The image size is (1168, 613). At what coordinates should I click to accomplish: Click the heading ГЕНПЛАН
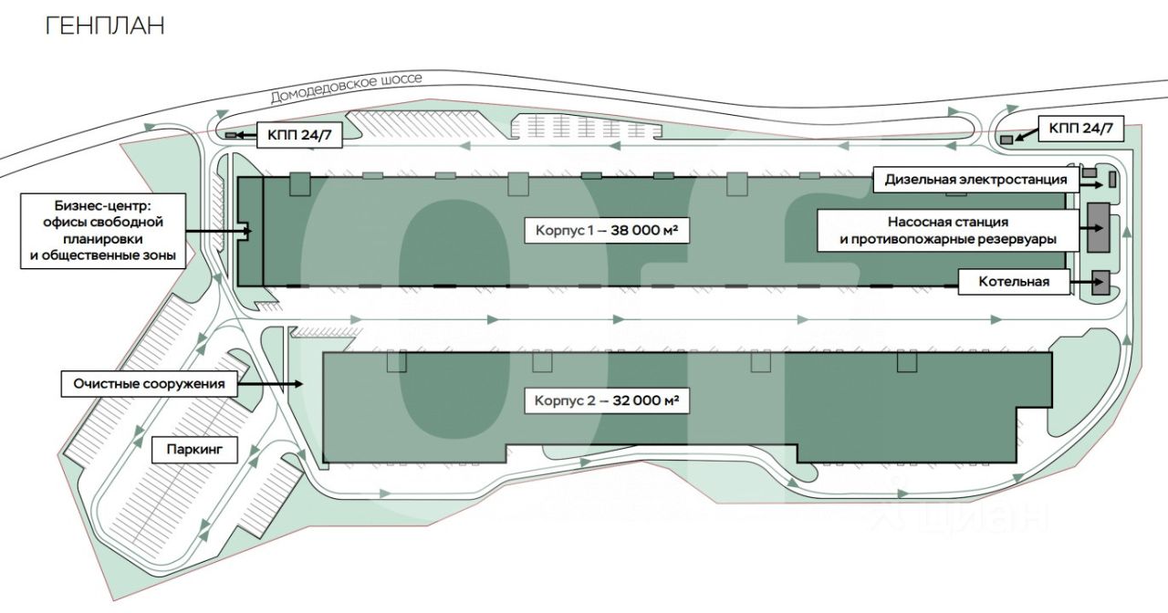click(105, 26)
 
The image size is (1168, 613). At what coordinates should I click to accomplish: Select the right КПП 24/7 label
click(1081, 129)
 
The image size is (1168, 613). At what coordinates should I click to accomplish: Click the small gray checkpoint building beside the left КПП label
click(231, 135)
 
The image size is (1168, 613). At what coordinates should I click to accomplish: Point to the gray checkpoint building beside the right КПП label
click(1007, 140)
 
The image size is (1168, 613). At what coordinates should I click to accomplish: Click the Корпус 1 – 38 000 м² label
click(606, 232)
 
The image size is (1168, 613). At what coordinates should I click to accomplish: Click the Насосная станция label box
click(948, 230)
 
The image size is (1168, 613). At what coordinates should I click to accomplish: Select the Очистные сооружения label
click(149, 384)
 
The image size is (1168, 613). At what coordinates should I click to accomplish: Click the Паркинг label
click(194, 449)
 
